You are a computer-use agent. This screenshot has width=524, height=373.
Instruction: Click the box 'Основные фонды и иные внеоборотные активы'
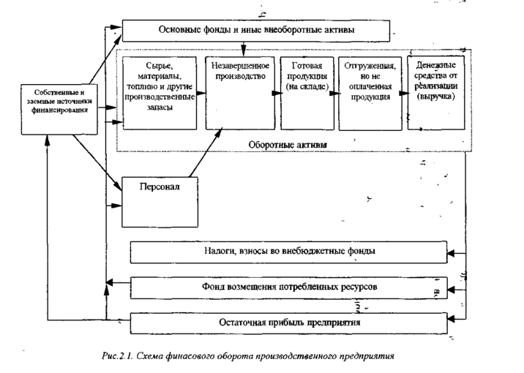(x=256, y=31)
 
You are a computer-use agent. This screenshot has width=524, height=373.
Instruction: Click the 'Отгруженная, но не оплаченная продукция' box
(x=369, y=91)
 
